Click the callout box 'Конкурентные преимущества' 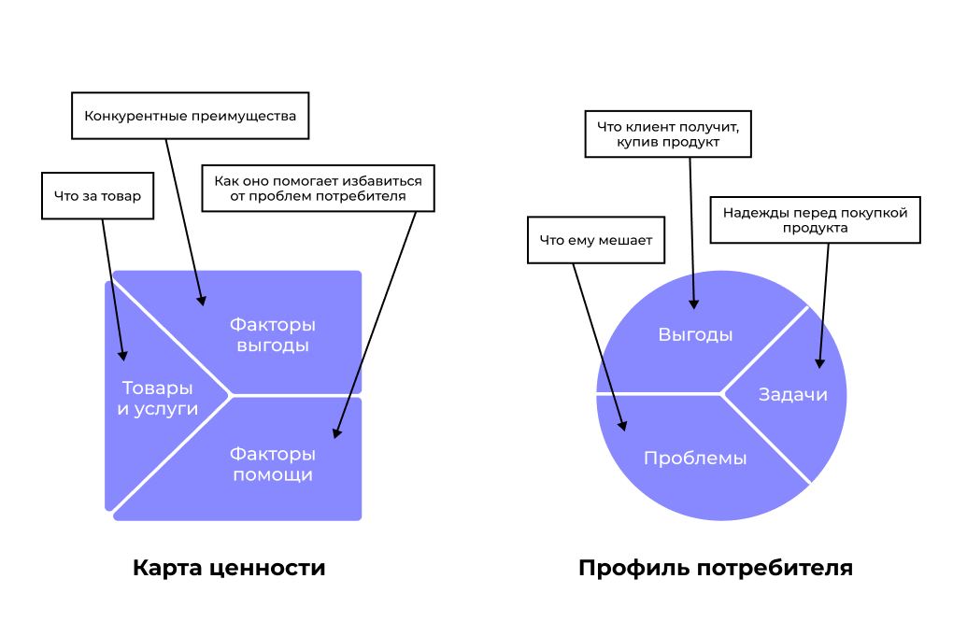pos(190,116)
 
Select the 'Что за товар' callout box pos(97,196)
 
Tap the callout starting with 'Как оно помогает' pos(318,189)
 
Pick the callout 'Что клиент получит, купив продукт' pos(668,134)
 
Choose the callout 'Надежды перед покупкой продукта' pos(815,220)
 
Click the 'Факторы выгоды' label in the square pos(272,335)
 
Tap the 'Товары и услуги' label pos(157,398)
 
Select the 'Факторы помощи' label pos(272,464)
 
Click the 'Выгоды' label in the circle pos(695,335)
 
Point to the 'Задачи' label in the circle pos(792,394)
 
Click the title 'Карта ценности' pos(229,568)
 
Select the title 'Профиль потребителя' pos(715,568)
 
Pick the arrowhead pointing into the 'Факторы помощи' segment pos(336,434)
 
